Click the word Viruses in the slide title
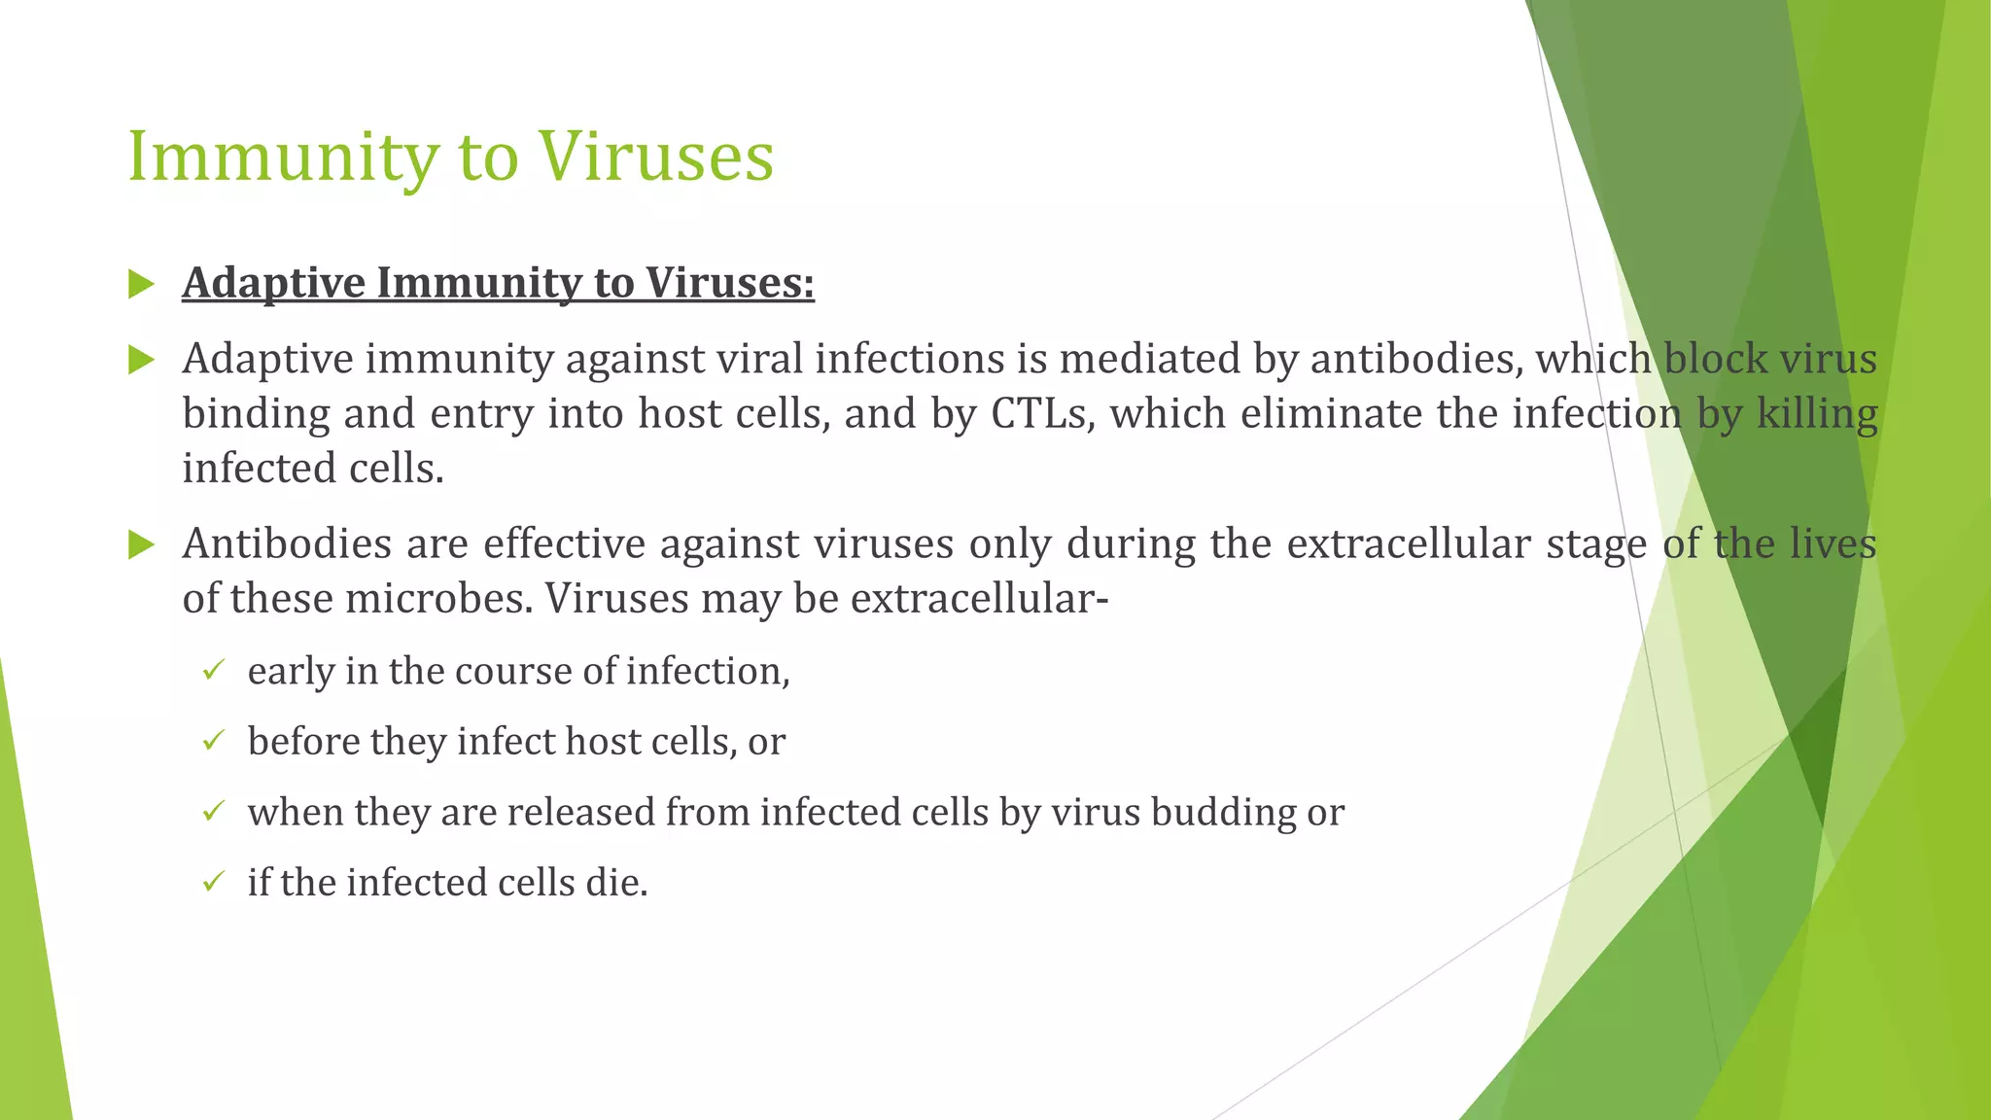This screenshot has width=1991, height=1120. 656,157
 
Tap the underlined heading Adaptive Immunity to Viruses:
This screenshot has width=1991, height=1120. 498,283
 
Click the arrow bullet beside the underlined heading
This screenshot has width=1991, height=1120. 142,285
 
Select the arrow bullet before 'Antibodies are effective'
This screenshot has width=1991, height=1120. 142,545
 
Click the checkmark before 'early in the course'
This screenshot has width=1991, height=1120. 214,670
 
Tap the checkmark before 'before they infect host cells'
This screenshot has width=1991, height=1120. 214,741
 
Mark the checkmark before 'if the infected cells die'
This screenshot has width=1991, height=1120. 214,882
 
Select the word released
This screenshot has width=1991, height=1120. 580,813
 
